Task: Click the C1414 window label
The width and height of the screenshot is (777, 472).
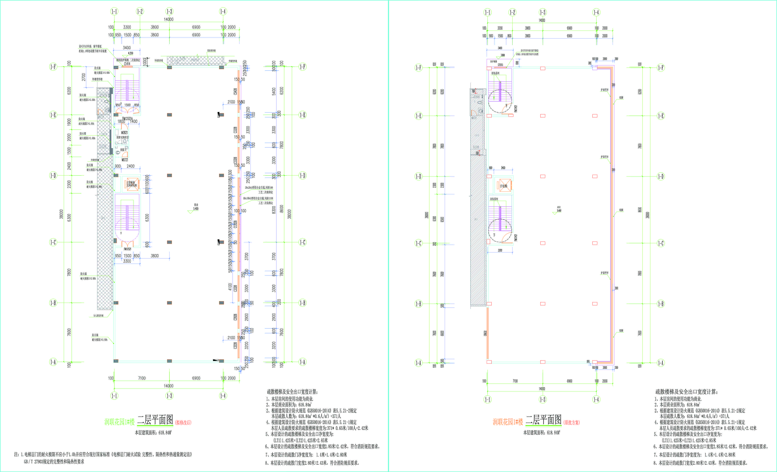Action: click(x=127, y=64)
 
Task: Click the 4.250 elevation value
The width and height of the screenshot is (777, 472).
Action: click(x=130, y=53)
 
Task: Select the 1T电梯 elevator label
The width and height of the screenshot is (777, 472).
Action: click(x=504, y=186)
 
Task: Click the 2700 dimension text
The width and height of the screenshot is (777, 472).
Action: click(x=84, y=77)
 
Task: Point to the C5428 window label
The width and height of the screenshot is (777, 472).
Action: click(x=235, y=91)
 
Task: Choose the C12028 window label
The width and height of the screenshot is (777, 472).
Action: click(x=235, y=224)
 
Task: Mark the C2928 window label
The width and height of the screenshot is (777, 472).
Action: click(x=235, y=317)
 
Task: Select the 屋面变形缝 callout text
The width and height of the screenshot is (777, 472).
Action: click(x=211, y=51)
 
